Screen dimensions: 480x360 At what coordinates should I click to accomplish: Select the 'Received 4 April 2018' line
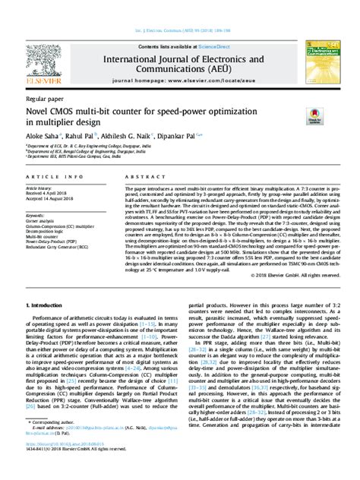tap(47, 193)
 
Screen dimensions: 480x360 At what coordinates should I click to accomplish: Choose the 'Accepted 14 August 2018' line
tap(50, 198)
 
